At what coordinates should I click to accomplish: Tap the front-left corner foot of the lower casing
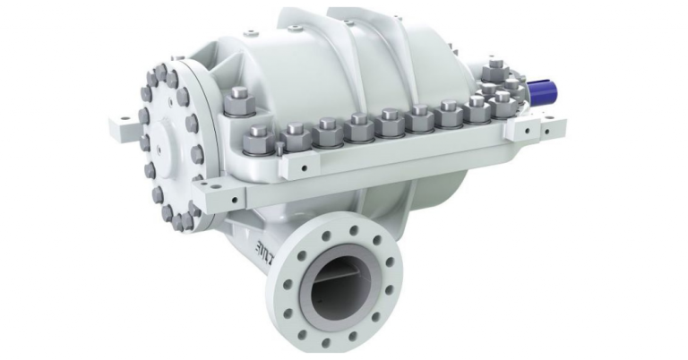[208, 198]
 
